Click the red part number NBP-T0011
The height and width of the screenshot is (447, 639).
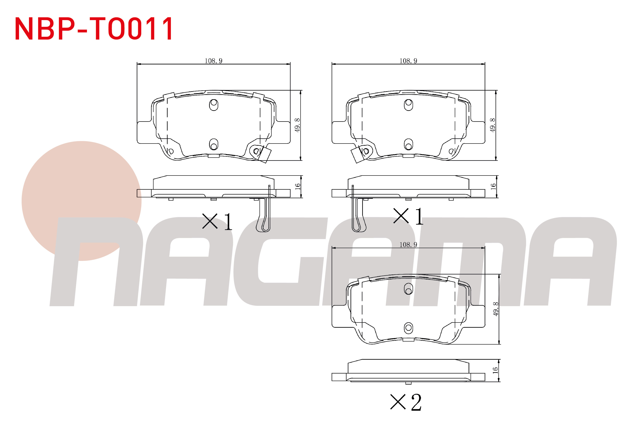coord(94,29)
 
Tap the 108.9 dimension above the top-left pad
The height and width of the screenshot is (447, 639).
coord(213,61)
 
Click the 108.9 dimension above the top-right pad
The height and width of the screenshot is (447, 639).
coord(408,61)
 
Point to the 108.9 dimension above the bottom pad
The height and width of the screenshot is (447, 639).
coord(408,244)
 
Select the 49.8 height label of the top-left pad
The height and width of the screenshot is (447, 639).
coord(297,125)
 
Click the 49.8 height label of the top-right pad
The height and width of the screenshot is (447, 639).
coord(493,125)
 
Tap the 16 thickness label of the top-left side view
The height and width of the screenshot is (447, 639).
coord(298,186)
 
